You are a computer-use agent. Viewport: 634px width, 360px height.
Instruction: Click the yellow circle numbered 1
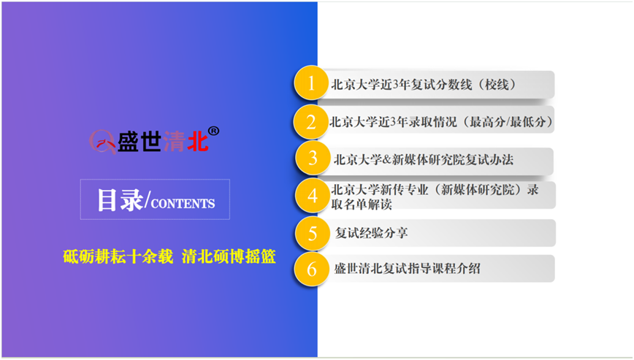311,83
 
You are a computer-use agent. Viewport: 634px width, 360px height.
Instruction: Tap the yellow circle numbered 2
310,122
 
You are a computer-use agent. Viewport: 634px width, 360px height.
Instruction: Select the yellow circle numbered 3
312,158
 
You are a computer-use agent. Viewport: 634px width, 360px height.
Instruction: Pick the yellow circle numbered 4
312,196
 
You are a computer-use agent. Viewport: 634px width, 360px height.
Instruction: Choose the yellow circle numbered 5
312,233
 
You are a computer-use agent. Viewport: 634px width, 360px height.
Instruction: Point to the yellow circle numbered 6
311,269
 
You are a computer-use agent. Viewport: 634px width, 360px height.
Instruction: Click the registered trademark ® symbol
213,131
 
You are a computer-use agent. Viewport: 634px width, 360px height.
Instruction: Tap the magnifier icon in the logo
102,142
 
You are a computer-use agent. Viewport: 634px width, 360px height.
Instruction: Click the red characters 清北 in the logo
186,142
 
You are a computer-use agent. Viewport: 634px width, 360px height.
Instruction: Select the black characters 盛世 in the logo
140,142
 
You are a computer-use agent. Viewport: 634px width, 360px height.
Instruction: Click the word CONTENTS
183,203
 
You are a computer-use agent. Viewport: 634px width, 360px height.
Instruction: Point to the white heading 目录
120,200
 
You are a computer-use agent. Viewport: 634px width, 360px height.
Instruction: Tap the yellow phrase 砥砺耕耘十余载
118,256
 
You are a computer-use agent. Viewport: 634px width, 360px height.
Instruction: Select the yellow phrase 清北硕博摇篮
229,256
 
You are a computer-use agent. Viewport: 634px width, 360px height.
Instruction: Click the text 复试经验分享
371,233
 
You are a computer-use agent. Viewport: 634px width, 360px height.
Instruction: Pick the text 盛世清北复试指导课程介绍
407,268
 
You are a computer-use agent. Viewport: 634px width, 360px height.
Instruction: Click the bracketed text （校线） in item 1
497,85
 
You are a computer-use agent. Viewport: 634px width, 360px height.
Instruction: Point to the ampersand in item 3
386,160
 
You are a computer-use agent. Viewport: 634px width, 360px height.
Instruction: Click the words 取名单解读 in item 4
362,204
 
